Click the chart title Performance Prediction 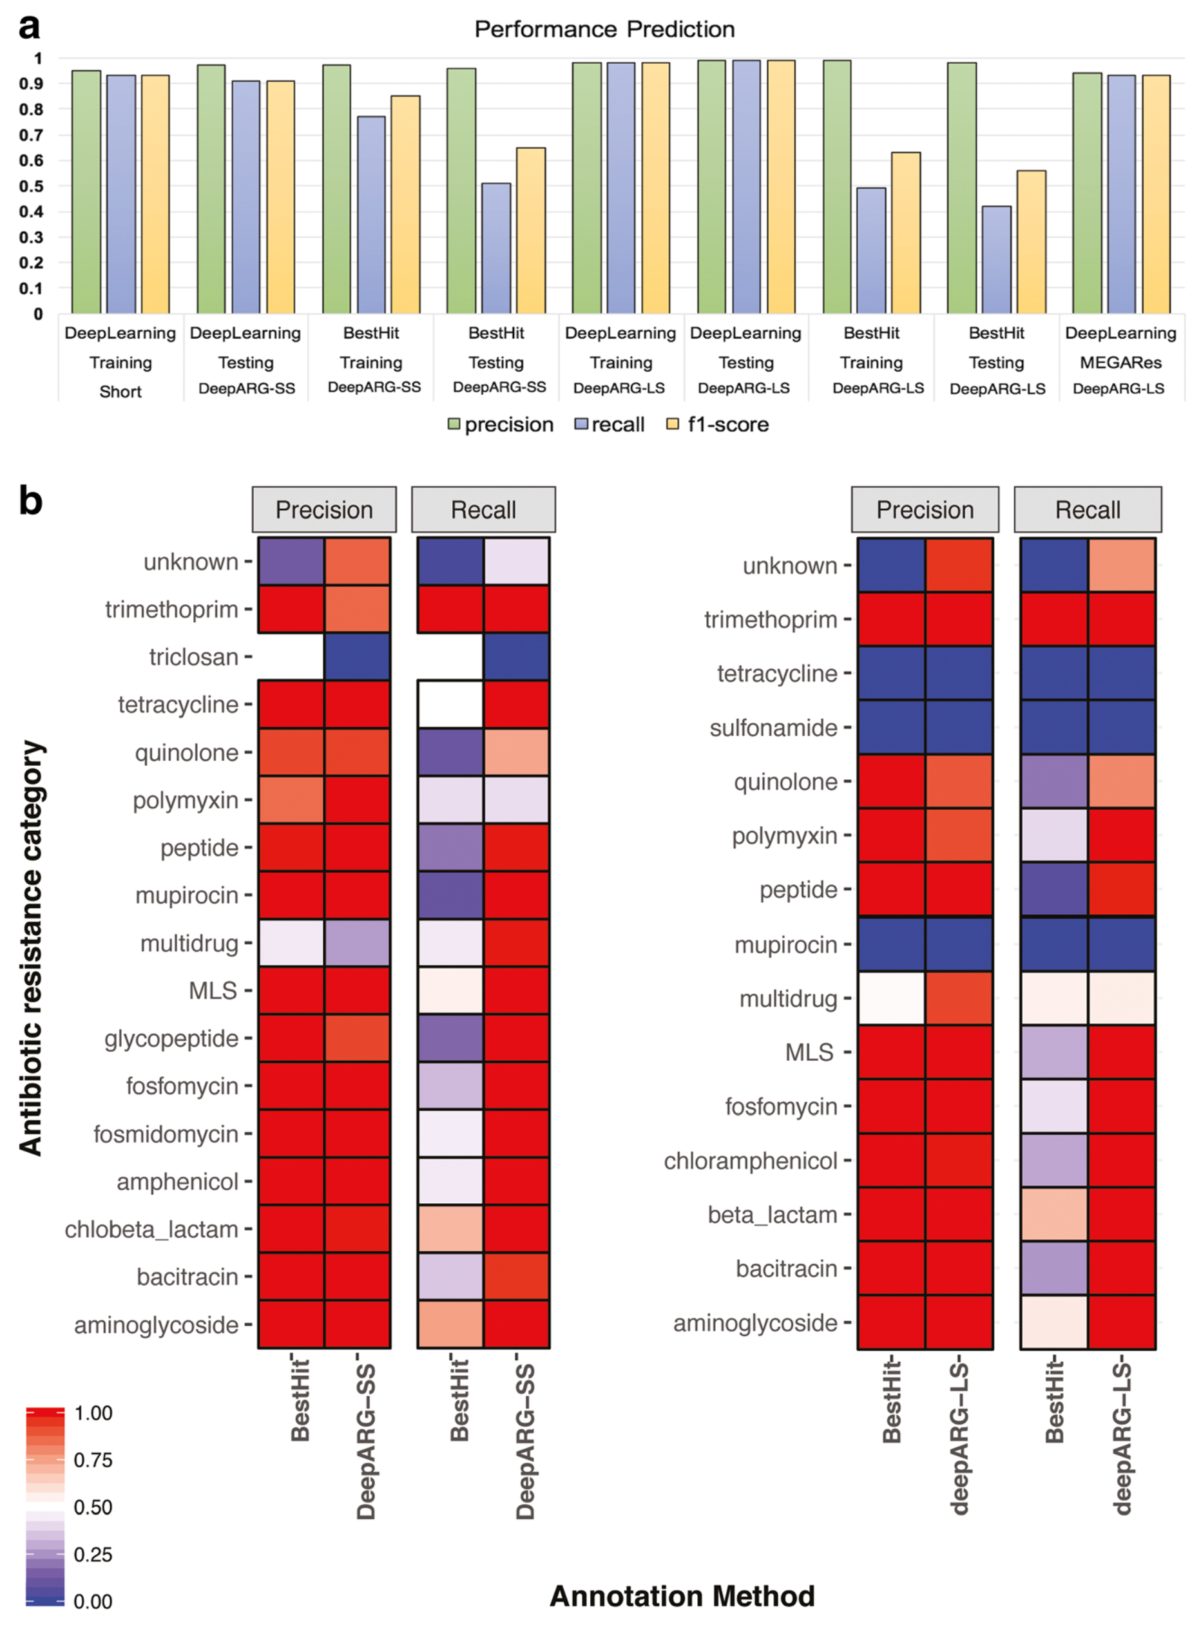tap(604, 29)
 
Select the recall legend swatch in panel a tap(581, 424)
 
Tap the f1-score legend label tap(727, 424)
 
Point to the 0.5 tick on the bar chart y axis tap(32, 186)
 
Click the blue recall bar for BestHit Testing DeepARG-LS tap(997, 260)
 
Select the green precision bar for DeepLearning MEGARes tap(1087, 193)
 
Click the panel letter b tap(30, 502)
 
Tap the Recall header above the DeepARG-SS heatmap tap(483, 509)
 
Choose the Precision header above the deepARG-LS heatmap tap(925, 509)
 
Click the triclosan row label tap(193, 657)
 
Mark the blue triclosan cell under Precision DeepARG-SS tap(357, 656)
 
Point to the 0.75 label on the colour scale tap(93, 1460)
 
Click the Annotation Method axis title tap(682, 1596)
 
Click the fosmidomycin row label tap(166, 1134)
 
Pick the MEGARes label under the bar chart tap(1120, 362)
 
